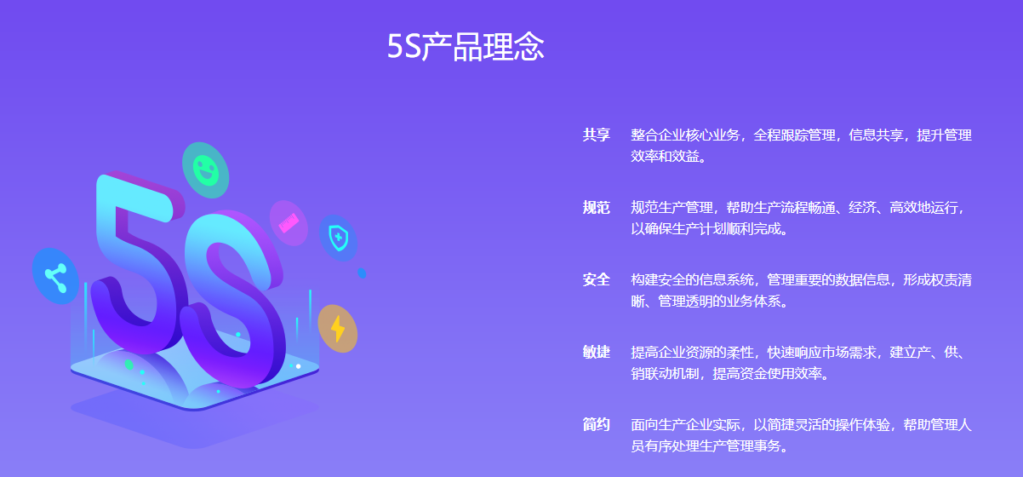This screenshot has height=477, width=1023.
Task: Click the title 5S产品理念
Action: [466, 47]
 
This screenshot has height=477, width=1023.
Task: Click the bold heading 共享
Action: [597, 135]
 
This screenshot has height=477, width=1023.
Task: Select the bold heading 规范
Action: [597, 208]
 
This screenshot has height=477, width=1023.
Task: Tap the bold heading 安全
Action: [597, 279]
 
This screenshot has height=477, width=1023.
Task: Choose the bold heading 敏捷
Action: [597, 353]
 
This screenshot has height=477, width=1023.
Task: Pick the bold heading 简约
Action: [597, 425]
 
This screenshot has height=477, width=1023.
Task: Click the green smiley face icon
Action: [205, 170]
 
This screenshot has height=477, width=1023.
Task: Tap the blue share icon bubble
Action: [55, 277]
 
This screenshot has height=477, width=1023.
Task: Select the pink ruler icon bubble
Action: [289, 223]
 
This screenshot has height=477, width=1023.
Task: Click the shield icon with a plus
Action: [339, 238]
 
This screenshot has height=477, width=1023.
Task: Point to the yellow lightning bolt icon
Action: [338, 329]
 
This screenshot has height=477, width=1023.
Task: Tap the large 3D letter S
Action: [233, 297]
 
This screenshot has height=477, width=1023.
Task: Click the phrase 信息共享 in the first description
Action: [876, 135]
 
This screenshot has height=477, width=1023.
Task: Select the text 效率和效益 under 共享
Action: [665, 156]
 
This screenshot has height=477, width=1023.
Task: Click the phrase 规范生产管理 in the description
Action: [672, 208]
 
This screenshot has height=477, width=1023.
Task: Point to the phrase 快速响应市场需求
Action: [821, 353]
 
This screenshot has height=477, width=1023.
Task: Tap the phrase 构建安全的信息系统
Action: [692, 279]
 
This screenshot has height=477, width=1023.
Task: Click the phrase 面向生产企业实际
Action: [685, 425]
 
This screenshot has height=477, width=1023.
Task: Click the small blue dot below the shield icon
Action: [362, 273]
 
